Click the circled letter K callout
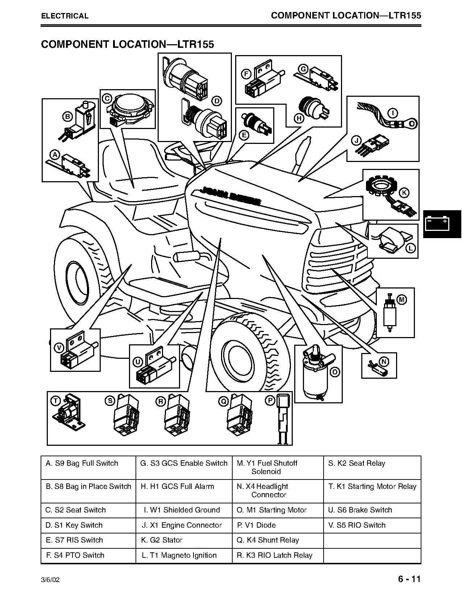(404, 193)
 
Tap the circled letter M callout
(401, 300)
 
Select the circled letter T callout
(56, 401)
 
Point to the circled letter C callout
(107, 98)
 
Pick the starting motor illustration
(316, 373)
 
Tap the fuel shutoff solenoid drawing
(389, 312)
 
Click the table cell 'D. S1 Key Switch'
(88, 525)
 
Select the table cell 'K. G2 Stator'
(184, 540)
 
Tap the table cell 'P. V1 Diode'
(278, 525)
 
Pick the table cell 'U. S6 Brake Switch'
(372, 510)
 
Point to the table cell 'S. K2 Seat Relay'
(372, 468)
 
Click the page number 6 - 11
(409, 579)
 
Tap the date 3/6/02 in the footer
(50, 580)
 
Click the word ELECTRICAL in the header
(64, 16)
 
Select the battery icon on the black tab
(437, 224)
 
